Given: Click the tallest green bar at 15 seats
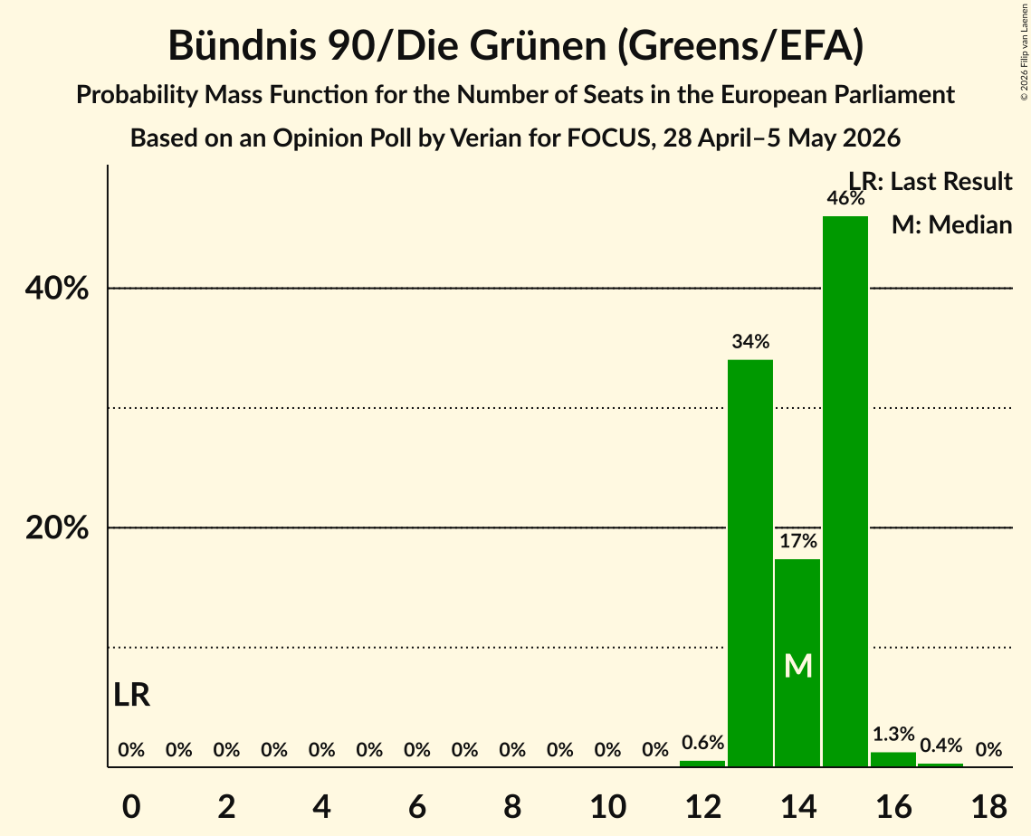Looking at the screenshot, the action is click(845, 491).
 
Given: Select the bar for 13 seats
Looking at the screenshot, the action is click(750, 564).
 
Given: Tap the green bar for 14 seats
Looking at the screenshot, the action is click(797, 662).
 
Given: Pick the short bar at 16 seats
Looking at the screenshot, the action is click(893, 759).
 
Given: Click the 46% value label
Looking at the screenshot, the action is click(845, 198).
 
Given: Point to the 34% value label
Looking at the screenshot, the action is click(750, 341).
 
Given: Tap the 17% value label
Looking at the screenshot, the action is click(798, 541).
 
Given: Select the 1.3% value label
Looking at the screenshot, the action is click(893, 733).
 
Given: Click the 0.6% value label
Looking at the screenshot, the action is click(703, 742).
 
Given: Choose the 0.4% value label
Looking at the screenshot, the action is click(940, 745).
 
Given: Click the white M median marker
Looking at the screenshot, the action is click(798, 666).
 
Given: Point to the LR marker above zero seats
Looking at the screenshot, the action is click(131, 695).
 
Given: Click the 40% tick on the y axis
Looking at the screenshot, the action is click(56, 288).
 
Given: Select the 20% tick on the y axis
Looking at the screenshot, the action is click(56, 527).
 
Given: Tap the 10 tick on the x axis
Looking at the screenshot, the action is click(607, 806).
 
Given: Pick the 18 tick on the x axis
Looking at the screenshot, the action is click(988, 806).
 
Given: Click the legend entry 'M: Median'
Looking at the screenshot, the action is click(951, 224).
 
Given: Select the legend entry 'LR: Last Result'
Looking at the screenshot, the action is click(930, 181).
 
